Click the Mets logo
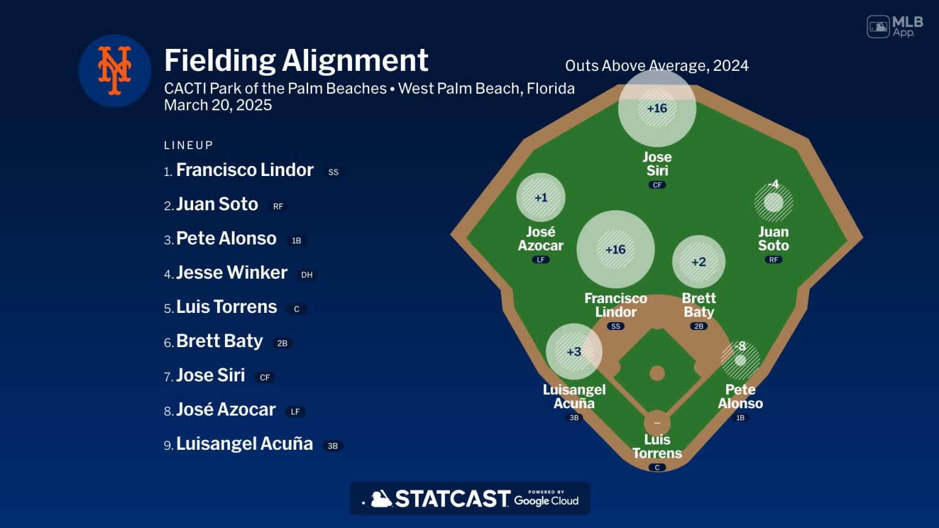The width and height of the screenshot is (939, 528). tap(115, 71)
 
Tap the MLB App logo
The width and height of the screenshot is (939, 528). tap(895, 26)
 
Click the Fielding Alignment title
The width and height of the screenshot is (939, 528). tap(296, 61)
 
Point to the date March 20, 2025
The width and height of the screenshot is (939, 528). tap(218, 105)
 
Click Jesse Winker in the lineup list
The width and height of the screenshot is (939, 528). tap(231, 273)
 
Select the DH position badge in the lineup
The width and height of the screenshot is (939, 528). tap(307, 275)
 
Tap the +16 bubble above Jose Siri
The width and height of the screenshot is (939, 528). tap(657, 108)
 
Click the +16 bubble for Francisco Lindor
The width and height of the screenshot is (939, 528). tap(616, 249)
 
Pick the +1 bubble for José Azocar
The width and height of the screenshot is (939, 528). tap(541, 197)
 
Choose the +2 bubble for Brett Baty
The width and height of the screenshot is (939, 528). tap(699, 262)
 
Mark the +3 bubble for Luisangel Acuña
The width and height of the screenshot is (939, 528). tap(574, 351)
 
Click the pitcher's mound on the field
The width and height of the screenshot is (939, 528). tap(657, 373)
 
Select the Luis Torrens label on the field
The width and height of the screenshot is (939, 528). tap(657, 446)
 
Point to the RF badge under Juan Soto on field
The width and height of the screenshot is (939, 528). tap(773, 260)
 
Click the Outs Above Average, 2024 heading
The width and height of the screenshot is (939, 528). tap(657, 65)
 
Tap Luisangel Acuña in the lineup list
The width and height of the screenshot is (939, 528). tap(244, 444)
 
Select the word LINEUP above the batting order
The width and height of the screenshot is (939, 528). tap(188, 145)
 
